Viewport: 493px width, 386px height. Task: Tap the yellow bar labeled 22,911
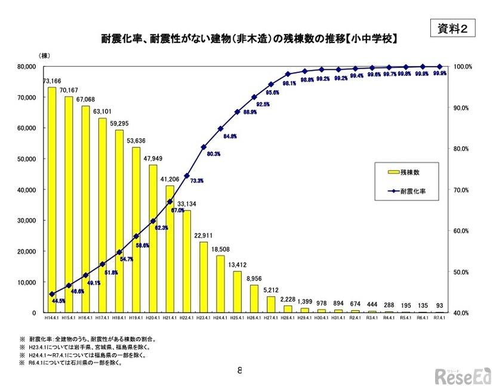pos(204,277)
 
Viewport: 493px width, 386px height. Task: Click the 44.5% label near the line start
pos(58,301)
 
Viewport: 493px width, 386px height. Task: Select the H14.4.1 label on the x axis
pos(53,319)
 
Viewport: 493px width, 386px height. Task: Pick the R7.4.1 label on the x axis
pos(440,319)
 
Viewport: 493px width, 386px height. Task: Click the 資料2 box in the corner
pos(453,27)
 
